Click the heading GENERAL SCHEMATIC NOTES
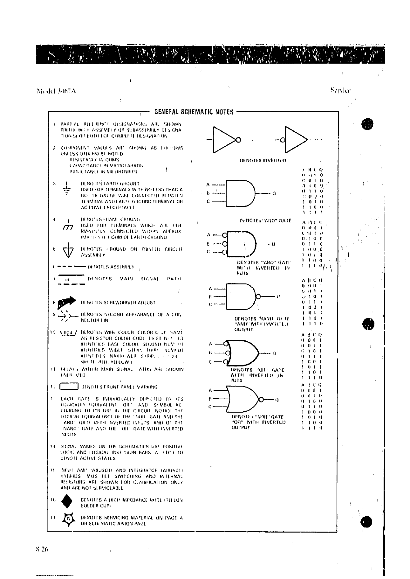[x=194, y=112]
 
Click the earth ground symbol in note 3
[x=67, y=188]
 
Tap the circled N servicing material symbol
[x=68, y=520]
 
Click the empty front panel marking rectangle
[x=69, y=387]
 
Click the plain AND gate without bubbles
[x=241, y=193]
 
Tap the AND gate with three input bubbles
[x=240, y=244]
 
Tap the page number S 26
[x=42, y=549]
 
